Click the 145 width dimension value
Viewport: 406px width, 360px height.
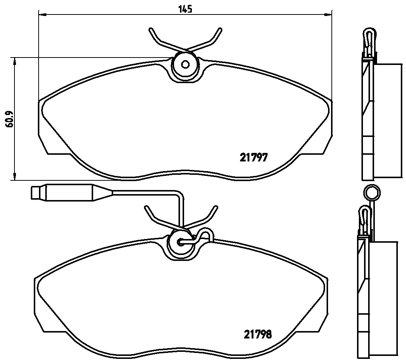click(186, 9)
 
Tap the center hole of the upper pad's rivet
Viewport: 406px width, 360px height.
click(184, 64)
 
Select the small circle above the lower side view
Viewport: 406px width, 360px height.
click(371, 193)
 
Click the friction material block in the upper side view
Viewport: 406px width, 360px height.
click(389, 120)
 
